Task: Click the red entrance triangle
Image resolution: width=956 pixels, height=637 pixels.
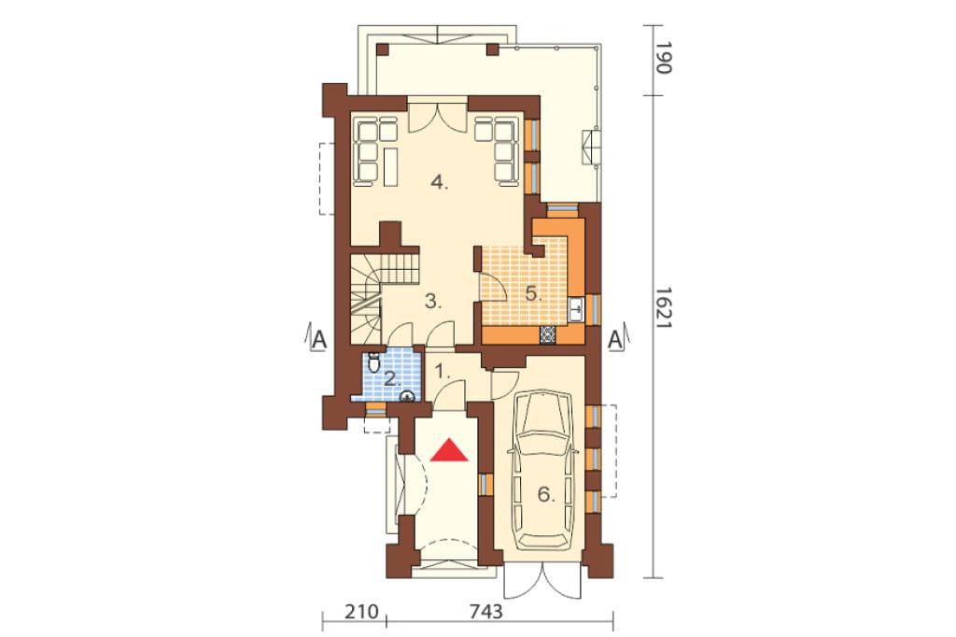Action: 449,450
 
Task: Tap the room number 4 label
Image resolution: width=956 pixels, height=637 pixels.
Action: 439,182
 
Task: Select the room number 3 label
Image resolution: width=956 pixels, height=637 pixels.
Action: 433,302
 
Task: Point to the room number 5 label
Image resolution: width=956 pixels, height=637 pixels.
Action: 533,294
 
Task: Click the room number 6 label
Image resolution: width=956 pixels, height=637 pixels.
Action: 546,495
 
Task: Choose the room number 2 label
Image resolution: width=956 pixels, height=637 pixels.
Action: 393,379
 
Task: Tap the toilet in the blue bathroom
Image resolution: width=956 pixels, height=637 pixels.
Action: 374,362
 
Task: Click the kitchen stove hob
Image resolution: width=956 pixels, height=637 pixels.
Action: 547,334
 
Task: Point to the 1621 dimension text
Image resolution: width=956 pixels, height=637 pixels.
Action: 664,309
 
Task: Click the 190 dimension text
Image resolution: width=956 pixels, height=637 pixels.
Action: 664,58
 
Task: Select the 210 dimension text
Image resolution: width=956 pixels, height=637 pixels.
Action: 361,612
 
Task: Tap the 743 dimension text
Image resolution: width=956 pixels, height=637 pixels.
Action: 485,612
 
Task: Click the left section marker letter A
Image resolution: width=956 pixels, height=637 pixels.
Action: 319,340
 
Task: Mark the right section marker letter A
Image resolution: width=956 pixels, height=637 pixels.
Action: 615,340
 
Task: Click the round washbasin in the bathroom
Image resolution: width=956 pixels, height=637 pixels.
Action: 407,397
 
